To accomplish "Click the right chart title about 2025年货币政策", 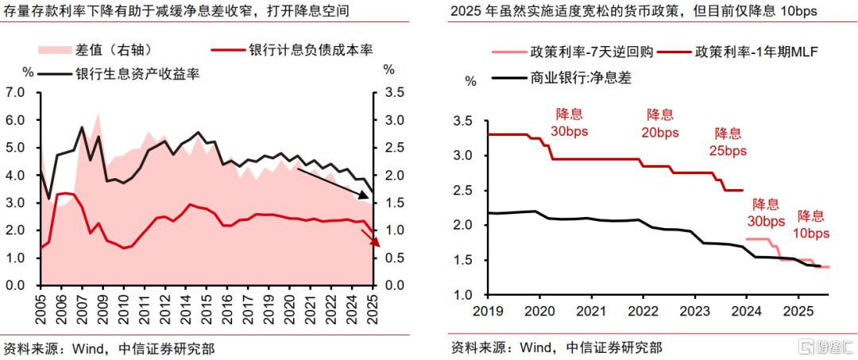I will pyautogui.click(x=633, y=11).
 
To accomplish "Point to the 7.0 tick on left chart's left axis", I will pyautogui.click(x=16, y=93).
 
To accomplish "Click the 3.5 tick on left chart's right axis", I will pyautogui.click(x=392, y=93).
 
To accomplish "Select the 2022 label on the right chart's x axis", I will pyautogui.click(x=643, y=310).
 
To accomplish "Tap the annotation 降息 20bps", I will pyautogui.click(x=659, y=123).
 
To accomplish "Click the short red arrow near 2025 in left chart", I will pyautogui.click(x=368, y=236).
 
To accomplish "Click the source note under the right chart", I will pyautogui.click(x=556, y=347).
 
